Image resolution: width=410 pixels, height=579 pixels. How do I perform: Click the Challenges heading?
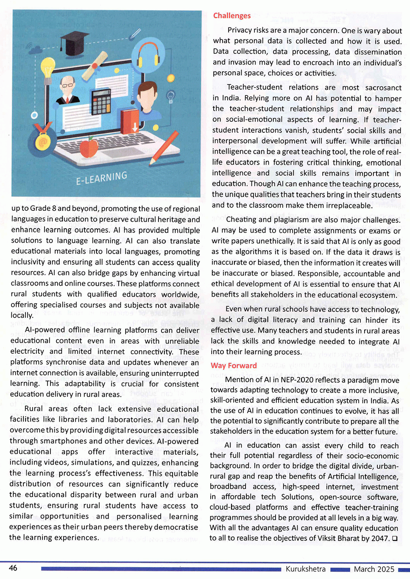232,16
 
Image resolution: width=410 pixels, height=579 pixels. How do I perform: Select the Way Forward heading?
234,366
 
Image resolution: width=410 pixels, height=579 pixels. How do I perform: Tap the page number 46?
13,568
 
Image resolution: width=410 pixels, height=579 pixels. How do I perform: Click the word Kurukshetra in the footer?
306,569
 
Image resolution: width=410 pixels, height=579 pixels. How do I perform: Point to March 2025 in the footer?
374,569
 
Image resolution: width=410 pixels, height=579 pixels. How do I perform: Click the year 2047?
379,538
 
